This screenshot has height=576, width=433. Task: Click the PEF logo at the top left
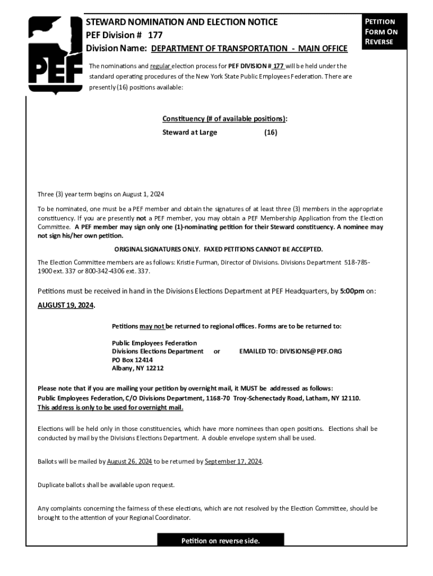tap(54, 55)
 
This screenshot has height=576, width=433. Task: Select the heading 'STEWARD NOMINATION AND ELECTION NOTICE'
tap(181, 22)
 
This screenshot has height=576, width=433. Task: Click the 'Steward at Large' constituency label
tap(190, 133)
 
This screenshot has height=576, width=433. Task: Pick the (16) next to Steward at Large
tap(270, 133)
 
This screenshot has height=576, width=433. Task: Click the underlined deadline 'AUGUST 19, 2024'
tap(66, 305)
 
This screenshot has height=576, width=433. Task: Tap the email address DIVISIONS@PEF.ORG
tap(290, 351)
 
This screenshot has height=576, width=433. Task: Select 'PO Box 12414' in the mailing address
tap(132, 360)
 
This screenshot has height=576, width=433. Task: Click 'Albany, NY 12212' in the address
tap(138, 368)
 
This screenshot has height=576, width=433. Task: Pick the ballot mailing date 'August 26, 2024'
tap(129, 462)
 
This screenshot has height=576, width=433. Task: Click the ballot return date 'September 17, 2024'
tap(233, 462)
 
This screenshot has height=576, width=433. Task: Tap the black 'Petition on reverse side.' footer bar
tap(220, 541)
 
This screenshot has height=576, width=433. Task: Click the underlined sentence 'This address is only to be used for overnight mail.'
tap(110, 408)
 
